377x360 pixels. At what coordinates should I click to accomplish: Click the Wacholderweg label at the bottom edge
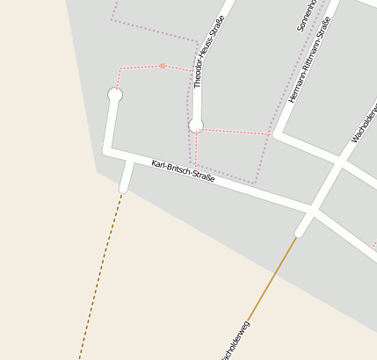point(236,342)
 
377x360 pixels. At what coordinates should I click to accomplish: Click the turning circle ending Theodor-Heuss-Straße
point(196,126)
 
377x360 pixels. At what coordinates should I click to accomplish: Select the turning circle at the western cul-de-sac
point(114,94)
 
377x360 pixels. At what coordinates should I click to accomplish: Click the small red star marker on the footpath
point(163,65)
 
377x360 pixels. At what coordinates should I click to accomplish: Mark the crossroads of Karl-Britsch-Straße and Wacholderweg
point(312,210)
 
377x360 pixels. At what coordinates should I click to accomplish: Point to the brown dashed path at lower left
point(102,272)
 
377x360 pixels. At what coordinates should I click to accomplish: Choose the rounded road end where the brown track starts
point(300,232)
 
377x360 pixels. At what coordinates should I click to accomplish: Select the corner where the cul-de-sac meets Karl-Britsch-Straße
point(107,151)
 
